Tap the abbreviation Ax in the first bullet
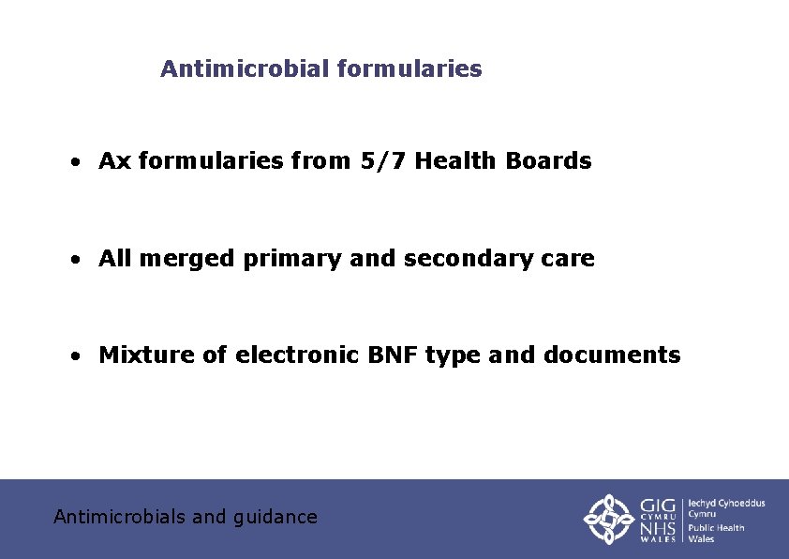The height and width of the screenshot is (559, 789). click(x=114, y=161)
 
